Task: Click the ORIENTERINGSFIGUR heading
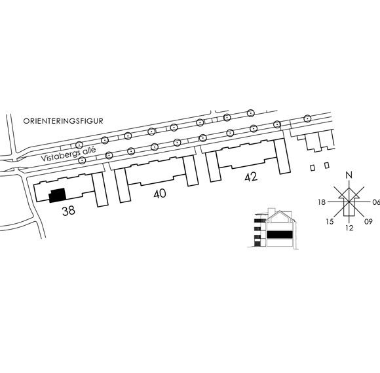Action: [x=63, y=121]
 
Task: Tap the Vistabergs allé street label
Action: [x=68, y=154]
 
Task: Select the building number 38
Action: [x=69, y=211]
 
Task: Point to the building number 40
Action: [x=160, y=194]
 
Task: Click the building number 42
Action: [x=251, y=177]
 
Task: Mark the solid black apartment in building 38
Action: [x=58, y=195]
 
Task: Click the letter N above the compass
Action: [x=349, y=175]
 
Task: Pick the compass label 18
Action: [x=322, y=202]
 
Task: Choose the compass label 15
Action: [x=330, y=221]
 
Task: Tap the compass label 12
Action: [x=349, y=228]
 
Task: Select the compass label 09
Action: [x=368, y=221]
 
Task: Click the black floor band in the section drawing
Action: [x=279, y=234]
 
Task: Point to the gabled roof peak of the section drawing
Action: [x=280, y=211]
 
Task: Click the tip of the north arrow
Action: [x=349, y=188]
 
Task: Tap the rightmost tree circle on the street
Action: [x=307, y=118]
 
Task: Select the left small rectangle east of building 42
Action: [x=313, y=168]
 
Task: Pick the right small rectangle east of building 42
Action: [x=327, y=166]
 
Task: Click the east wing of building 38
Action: [x=100, y=190]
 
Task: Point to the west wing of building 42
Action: [x=214, y=166]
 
